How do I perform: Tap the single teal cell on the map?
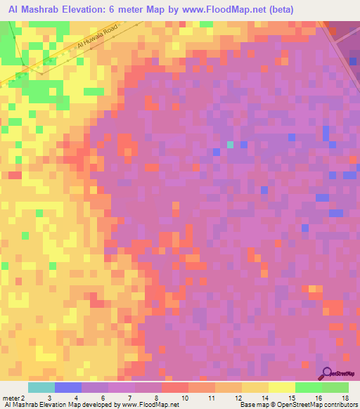click(x=230, y=145)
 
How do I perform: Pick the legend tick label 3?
click(x=49, y=398)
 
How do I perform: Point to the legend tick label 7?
click(x=131, y=398)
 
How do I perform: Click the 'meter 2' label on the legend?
click(x=14, y=398)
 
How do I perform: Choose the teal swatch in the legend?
click(x=41, y=387)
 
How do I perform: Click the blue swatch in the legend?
click(x=67, y=387)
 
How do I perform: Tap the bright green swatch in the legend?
click(x=309, y=387)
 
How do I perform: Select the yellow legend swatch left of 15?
click(x=282, y=387)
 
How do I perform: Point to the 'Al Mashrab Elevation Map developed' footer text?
click(x=63, y=405)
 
